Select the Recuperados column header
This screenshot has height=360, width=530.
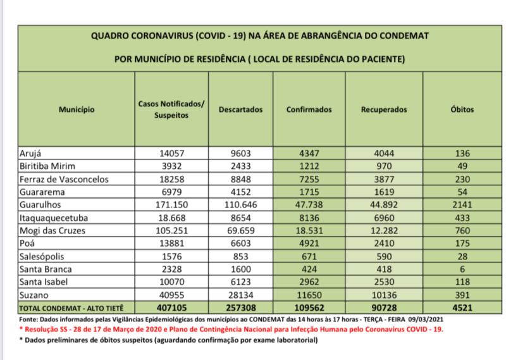click(x=383, y=109)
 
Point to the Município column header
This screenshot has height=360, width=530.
click(x=77, y=109)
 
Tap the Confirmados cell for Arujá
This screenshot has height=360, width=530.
click(x=309, y=152)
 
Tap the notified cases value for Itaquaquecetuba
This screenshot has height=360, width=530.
click(x=171, y=218)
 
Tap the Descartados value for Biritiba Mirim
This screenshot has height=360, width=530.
click(x=240, y=166)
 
